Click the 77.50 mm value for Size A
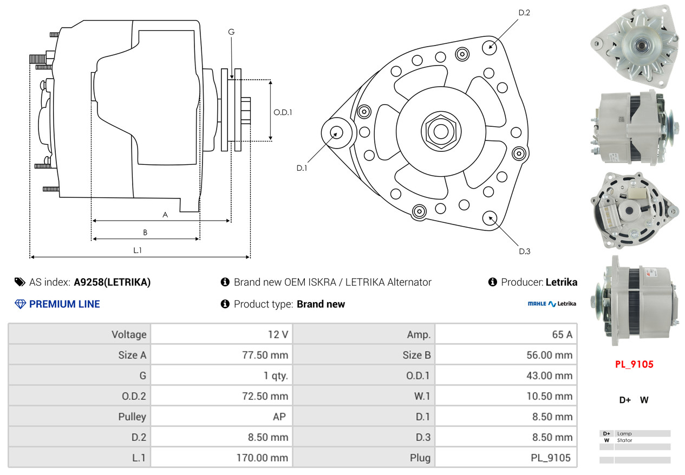click(265, 355)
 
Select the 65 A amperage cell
click(562, 335)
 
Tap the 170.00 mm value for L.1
click(262, 458)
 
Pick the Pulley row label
click(132, 417)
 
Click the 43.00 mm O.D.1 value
click(549, 375)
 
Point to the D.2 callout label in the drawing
click(524, 12)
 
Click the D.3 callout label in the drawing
click(525, 252)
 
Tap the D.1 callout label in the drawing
click(302, 168)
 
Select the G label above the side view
click(231, 32)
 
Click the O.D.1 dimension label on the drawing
click(283, 112)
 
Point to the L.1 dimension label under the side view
click(138, 251)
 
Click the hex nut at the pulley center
click(441, 132)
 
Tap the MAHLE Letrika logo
click(552, 304)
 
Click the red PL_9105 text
click(634, 364)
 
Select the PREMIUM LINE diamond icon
click(20, 304)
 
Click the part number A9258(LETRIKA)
click(112, 282)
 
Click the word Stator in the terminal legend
click(624, 440)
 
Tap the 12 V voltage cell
click(278, 335)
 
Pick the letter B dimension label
click(145, 233)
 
